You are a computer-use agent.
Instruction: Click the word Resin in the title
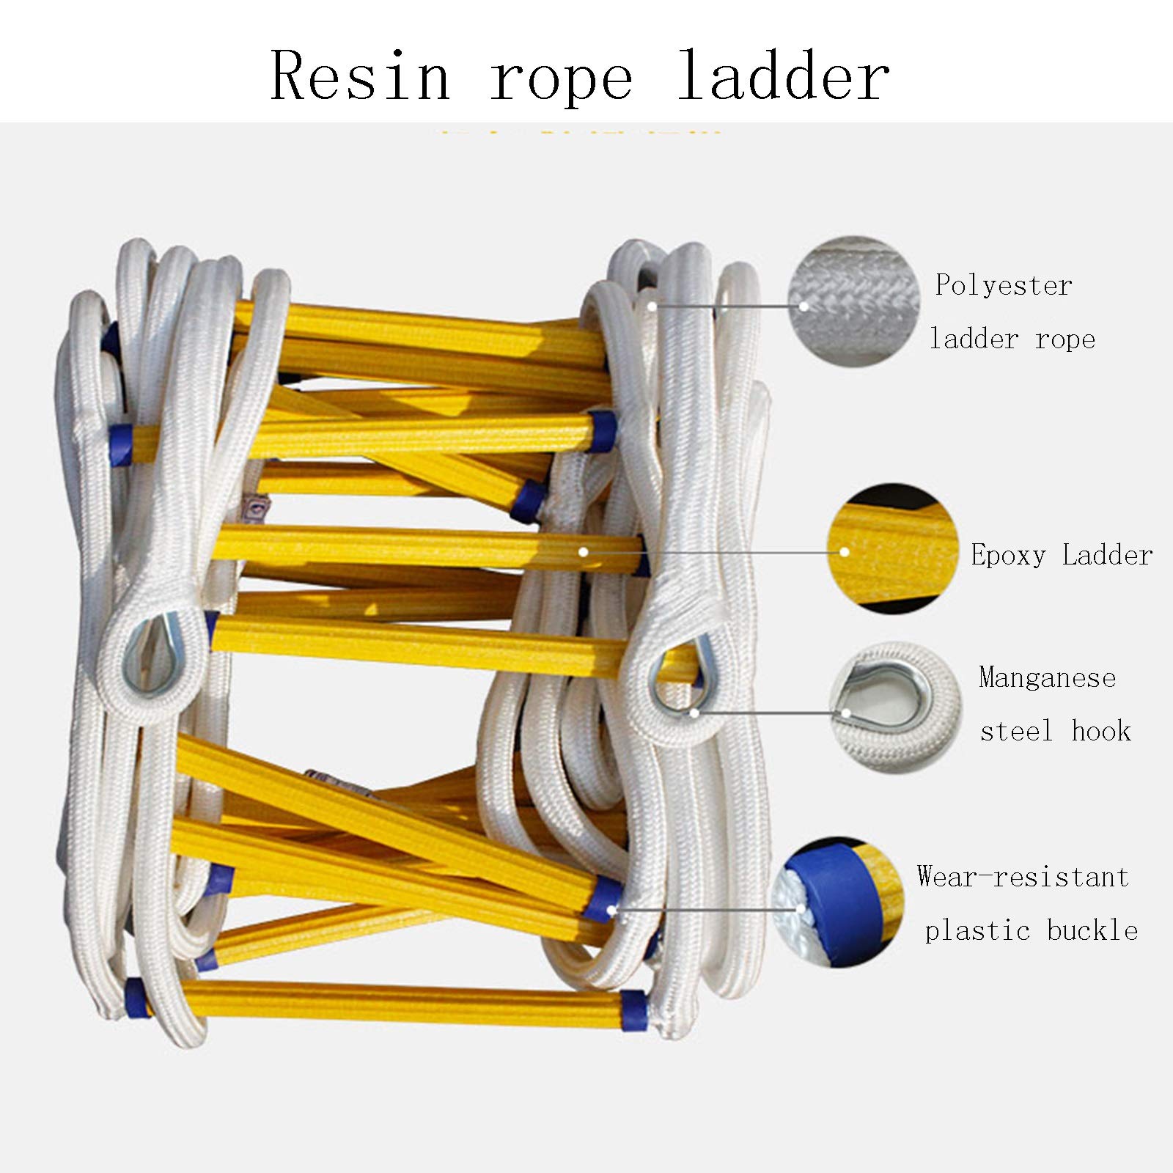pyautogui.click(x=361, y=76)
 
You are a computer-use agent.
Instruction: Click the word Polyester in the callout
pyautogui.click(x=1004, y=286)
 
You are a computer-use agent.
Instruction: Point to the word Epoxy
pyautogui.click(x=1008, y=556)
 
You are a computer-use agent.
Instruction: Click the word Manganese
pyautogui.click(x=1048, y=678)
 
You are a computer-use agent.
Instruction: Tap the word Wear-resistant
pyautogui.click(x=1023, y=877)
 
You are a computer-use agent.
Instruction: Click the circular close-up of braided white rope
pyautogui.click(x=853, y=302)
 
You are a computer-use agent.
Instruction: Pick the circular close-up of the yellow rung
pyautogui.click(x=893, y=548)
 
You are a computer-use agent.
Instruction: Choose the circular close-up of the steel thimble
pyautogui.click(x=894, y=708)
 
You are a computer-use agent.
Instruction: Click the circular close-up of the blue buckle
pyautogui.click(x=838, y=902)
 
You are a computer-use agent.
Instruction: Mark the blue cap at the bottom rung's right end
pyautogui.click(x=634, y=1011)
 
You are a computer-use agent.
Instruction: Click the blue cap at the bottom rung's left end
pyautogui.click(x=136, y=998)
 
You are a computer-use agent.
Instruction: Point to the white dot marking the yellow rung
pyautogui.click(x=584, y=551)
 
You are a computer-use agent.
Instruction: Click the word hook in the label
pyautogui.click(x=1101, y=731)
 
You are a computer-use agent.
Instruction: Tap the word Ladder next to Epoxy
pyautogui.click(x=1107, y=555)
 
